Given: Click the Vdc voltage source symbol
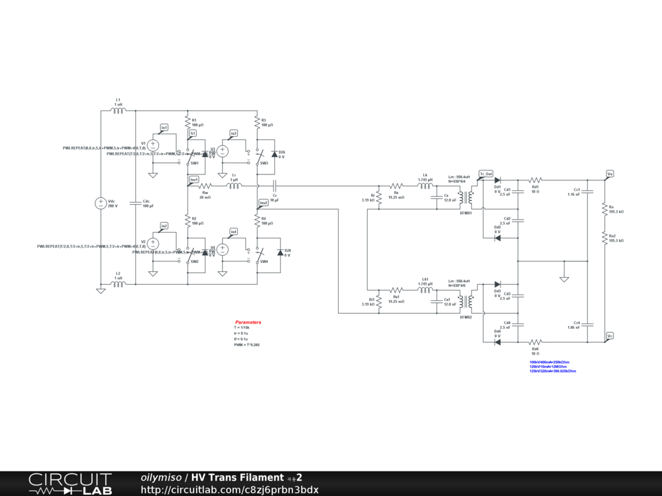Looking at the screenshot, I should click(x=101, y=203).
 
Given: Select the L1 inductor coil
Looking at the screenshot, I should click(x=118, y=110).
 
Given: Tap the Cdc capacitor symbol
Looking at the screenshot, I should click(x=136, y=203).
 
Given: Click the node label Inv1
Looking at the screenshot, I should click(x=194, y=179).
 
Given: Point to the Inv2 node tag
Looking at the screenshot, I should click(x=263, y=203).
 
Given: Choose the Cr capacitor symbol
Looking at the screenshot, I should click(x=274, y=187).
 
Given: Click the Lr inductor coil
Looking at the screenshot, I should click(x=234, y=187).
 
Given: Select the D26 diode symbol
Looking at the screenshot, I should click(x=274, y=155).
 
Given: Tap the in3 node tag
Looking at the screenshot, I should click(x=233, y=134).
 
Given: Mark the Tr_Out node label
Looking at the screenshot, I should click(x=486, y=174).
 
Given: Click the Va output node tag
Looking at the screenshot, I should click(x=610, y=174).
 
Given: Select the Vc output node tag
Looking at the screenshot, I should click(x=610, y=336).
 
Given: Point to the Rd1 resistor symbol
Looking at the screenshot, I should click(x=535, y=180).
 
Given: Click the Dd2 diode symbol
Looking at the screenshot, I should click(x=497, y=238).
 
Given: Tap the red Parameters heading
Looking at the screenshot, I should click(x=248, y=322).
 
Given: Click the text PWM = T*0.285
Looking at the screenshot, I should click(x=247, y=346).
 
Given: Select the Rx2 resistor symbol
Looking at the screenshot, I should click(x=604, y=238).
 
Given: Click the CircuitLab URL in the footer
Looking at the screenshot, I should click(x=230, y=490).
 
